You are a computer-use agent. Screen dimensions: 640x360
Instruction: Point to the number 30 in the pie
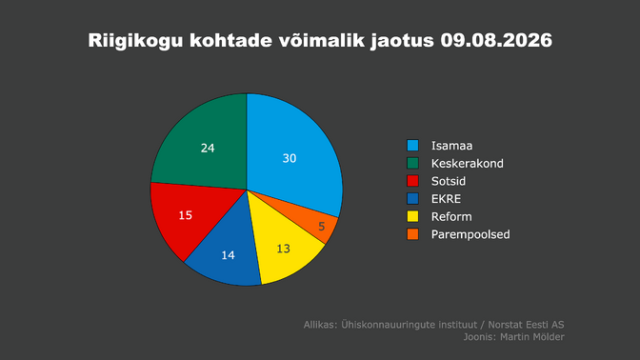click(x=290, y=158)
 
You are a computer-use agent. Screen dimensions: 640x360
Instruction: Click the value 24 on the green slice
click(x=208, y=149)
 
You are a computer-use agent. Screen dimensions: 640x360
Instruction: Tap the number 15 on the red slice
click(x=186, y=215)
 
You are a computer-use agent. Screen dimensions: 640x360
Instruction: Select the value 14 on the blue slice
click(x=228, y=255)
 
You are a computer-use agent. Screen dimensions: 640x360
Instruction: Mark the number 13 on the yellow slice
click(x=283, y=249)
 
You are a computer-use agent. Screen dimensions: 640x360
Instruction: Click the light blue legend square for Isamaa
click(x=412, y=146)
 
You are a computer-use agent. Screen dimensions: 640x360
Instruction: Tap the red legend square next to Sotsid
click(x=412, y=181)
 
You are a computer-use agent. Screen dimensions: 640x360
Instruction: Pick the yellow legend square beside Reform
click(x=412, y=216)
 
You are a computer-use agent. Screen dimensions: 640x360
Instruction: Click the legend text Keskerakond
click(x=468, y=163)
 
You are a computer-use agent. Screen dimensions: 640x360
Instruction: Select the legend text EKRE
click(x=446, y=199)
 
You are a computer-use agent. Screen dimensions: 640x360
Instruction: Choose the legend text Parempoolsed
click(x=470, y=234)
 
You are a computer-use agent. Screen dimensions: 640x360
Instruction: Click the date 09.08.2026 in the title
click(x=496, y=40)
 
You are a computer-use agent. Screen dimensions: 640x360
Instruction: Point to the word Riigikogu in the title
click(x=135, y=41)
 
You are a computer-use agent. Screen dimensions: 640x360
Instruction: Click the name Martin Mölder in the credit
click(x=532, y=337)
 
